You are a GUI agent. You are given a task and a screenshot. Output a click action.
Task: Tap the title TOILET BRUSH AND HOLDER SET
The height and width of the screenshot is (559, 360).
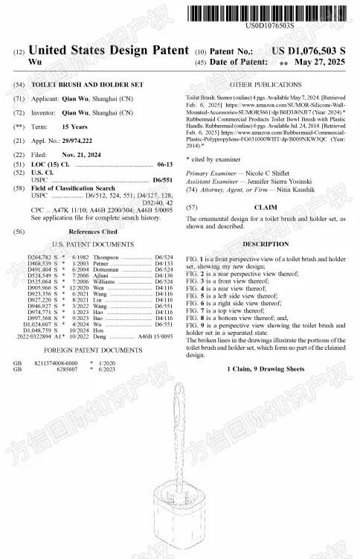point(93,85)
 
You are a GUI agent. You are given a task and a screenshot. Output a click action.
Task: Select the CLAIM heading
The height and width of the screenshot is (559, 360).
point(266,206)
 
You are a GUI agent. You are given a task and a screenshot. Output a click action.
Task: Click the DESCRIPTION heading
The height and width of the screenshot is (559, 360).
point(266,244)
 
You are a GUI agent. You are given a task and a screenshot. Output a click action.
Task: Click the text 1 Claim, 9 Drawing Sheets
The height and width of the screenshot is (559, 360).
point(266,369)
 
